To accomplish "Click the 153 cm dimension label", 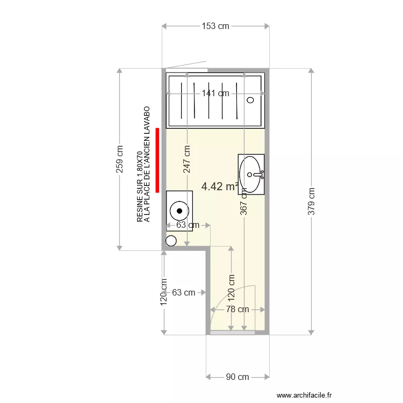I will point(215,26).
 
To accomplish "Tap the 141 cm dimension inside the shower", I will point(215,93).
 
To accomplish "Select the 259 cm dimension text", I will point(119,159).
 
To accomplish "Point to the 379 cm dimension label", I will point(311,201).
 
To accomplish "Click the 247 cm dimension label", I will point(186,159).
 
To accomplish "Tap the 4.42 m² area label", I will point(220,187).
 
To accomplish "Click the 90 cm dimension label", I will point(237,377).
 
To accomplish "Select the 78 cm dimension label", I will point(237,310).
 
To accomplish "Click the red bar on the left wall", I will point(157,160).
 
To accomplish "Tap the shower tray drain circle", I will point(250,100).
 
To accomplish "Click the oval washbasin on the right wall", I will point(250,174).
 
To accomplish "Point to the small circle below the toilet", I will point(171,241).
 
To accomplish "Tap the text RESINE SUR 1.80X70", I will point(140,187).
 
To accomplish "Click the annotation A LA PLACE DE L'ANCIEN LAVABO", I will point(147,164).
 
